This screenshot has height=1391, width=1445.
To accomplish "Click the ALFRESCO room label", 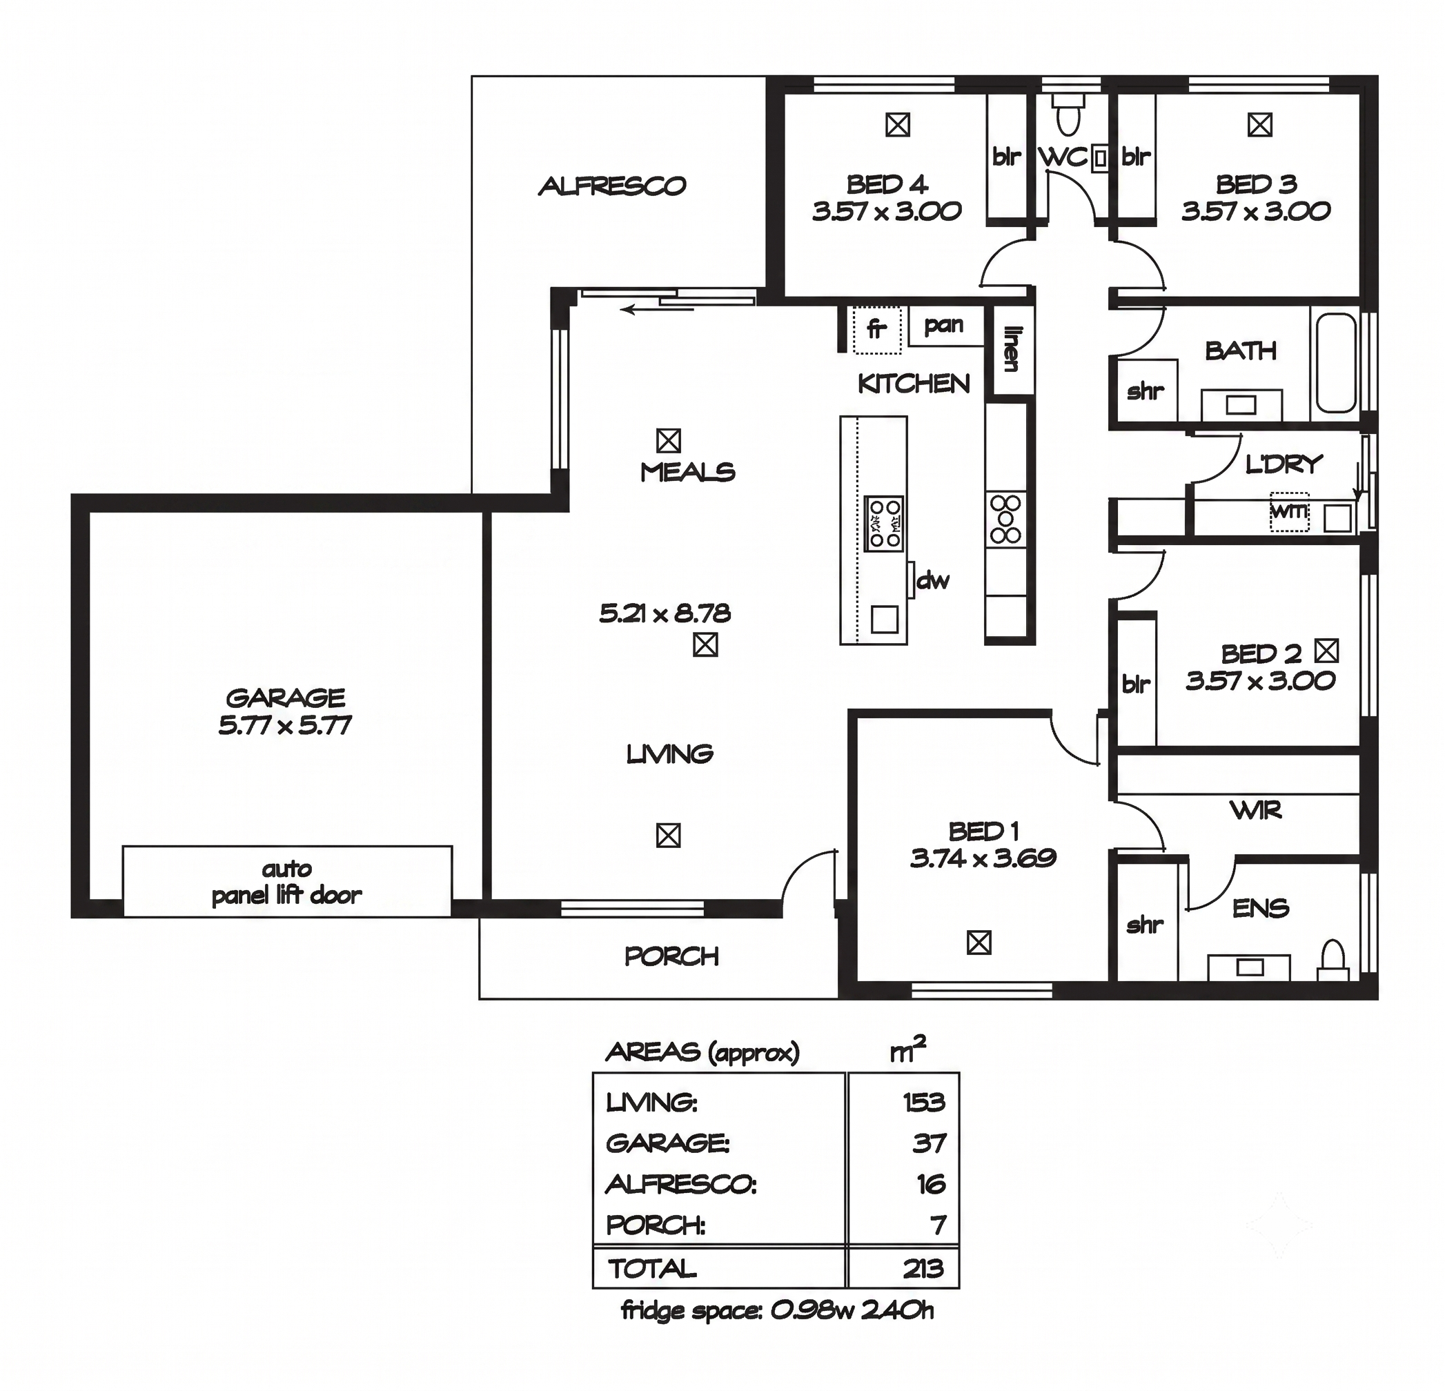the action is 612,186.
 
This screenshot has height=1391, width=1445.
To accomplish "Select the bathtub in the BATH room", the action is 1336,363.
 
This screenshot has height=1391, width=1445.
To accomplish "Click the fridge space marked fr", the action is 876,330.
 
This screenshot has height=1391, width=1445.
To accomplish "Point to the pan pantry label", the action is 944,325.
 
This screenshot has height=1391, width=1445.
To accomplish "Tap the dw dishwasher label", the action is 932,581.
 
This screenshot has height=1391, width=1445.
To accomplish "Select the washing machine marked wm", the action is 1290,511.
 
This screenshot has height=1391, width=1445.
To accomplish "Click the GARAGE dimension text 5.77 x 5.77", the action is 284,725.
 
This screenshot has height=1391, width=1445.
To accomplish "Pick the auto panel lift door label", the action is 287,882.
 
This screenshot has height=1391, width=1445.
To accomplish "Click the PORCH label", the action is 671,956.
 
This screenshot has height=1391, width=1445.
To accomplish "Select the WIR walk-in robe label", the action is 1256,811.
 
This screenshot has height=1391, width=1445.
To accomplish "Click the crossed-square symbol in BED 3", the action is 1260,125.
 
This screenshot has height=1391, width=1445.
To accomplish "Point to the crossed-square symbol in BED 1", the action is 979,943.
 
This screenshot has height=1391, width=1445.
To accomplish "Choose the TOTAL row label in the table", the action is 651,1268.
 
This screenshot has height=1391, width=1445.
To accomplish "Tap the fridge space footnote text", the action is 778,1311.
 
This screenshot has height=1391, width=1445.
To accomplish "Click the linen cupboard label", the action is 1011,349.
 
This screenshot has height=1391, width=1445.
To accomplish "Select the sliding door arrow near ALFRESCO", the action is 657,310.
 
